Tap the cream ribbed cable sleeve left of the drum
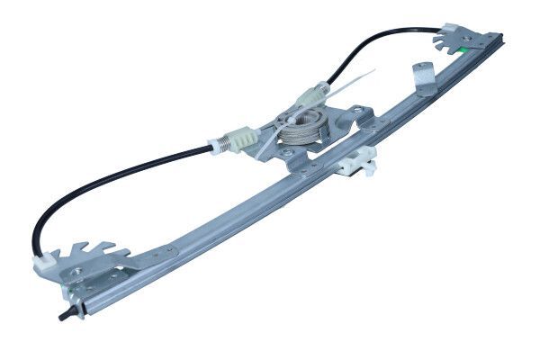(x=239, y=138)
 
